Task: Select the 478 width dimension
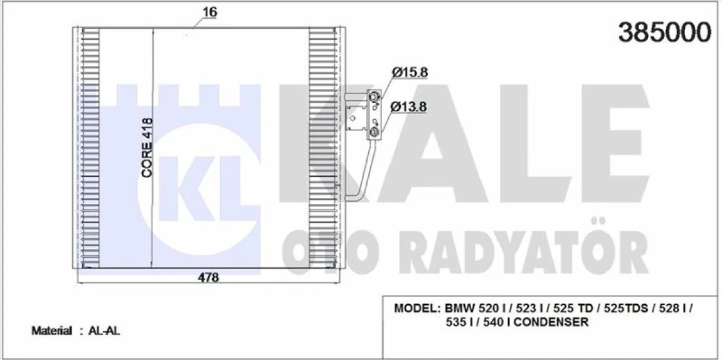208,277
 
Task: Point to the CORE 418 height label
147,148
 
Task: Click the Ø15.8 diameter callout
410,73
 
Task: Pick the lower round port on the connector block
373,132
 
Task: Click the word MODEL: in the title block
417,309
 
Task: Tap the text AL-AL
104,331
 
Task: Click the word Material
51,331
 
